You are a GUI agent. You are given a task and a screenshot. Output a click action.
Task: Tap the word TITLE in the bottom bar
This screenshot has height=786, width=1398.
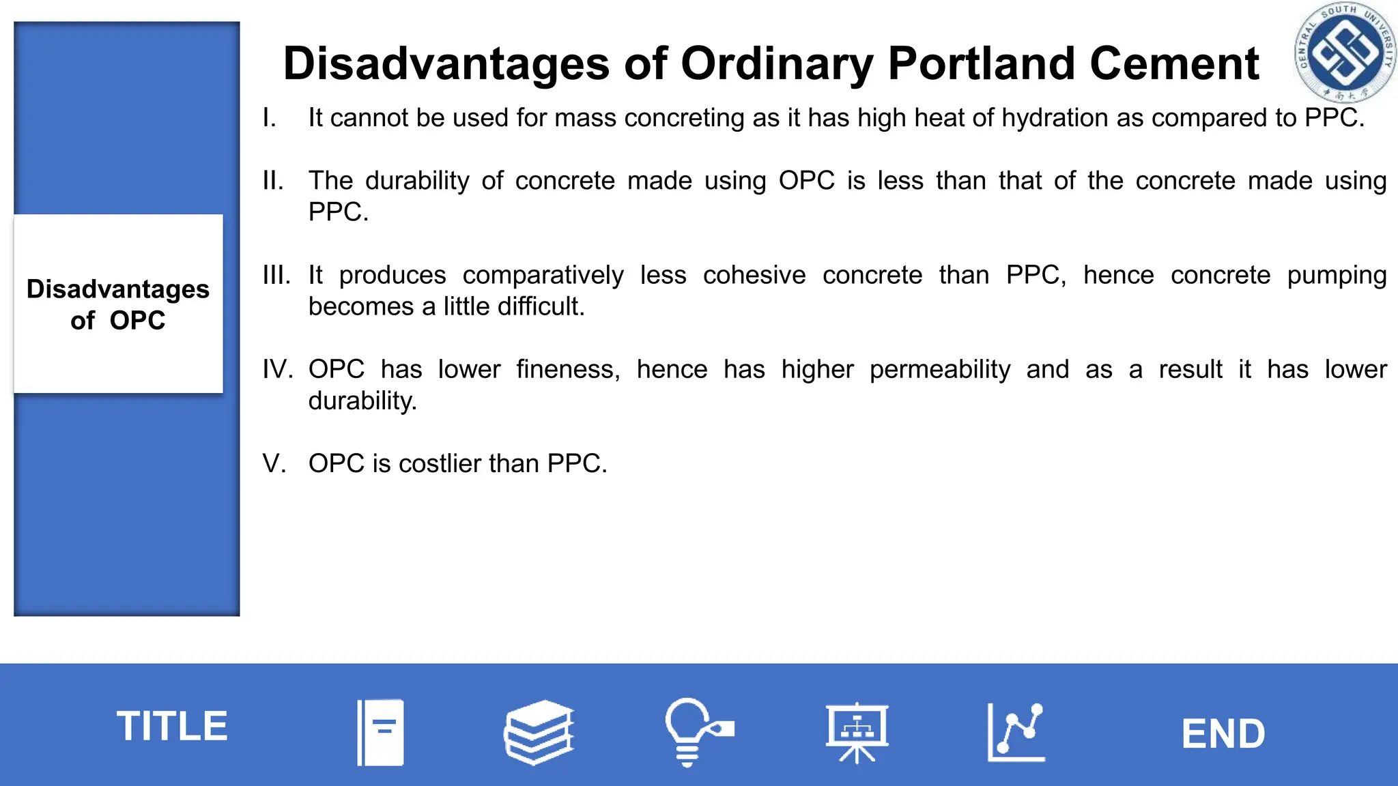pyautogui.click(x=172, y=725)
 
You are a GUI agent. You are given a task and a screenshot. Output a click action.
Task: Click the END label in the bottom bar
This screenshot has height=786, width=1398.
pyautogui.click(x=1223, y=733)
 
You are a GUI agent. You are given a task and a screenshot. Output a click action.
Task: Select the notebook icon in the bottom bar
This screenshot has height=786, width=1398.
pyautogui.click(x=381, y=732)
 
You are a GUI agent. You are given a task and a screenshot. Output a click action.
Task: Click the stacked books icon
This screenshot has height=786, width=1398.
pyautogui.click(x=539, y=732)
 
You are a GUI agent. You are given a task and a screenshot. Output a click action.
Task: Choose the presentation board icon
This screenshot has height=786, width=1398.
pyautogui.click(x=857, y=732)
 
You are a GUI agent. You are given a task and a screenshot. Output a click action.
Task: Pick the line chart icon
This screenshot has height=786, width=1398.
pyautogui.click(x=1016, y=732)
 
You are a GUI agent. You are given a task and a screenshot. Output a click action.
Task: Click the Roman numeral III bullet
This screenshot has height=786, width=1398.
pyautogui.click(x=276, y=276)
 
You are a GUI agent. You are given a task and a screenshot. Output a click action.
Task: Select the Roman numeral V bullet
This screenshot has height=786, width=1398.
pyautogui.click(x=274, y=464)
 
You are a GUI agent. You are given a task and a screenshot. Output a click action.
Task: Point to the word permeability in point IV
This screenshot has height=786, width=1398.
pyautogui.click(x=939, y=370)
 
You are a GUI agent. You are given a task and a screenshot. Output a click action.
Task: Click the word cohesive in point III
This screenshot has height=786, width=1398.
pyautogui.click(x=754, y=276)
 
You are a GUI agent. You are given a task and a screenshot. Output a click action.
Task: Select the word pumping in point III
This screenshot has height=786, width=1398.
pyautogui.click(x=1337, y=276)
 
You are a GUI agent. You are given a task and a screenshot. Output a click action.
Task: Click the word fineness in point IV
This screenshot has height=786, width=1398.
pyautogui.click(x=567, y=370)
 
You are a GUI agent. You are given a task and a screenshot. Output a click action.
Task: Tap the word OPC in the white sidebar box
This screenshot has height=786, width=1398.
pyautogui.click(x=137, y=321)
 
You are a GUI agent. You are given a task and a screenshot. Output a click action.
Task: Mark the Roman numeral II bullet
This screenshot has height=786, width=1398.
pyautogui.click(x=273, y=181)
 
